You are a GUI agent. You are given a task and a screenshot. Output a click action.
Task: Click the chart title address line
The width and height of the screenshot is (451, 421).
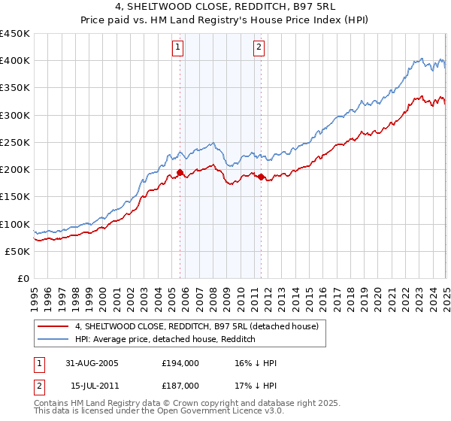(225, 8)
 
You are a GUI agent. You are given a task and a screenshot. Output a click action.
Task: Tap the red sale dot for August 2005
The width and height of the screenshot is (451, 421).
(180, 173)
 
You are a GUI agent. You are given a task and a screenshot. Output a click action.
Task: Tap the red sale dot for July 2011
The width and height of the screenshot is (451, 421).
(261, 177)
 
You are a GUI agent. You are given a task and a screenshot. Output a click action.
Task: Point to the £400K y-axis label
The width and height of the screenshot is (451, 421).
(14, 61)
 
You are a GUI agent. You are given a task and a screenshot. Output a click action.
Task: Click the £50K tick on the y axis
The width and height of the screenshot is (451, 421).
(17, 252)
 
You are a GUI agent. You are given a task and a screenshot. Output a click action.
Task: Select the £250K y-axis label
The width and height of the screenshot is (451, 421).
(14, 143)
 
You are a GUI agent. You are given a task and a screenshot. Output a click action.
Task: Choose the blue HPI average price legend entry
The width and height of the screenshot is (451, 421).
(165, 339)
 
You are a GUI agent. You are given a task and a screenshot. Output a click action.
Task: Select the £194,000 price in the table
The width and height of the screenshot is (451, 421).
(181, 363)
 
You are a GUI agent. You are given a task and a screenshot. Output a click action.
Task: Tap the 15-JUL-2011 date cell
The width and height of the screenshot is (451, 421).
(93, 384)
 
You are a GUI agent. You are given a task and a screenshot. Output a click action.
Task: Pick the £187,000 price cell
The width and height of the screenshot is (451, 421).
(181, 384)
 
